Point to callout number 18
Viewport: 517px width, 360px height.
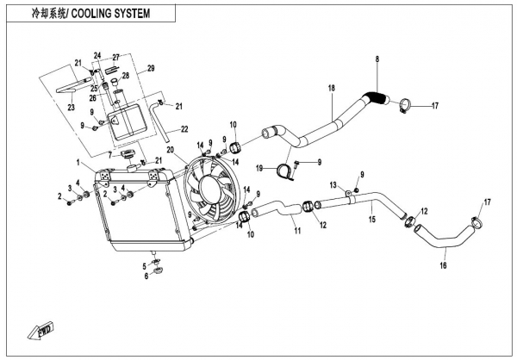[331, 89]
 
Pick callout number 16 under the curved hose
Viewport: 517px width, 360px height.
[445, 267]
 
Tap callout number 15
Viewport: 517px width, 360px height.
[372, 220]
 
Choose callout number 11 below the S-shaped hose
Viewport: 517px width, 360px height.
[296, 231]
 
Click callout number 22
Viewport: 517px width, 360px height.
[184, 130]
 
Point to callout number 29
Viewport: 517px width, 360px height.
[150, 68]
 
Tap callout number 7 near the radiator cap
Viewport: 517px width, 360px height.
[109, 156]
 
